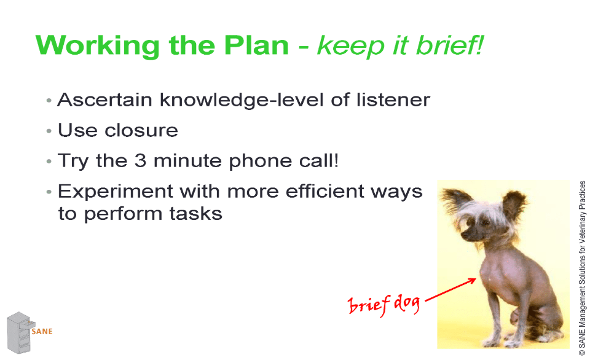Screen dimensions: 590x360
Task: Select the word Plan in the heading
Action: point(256,45)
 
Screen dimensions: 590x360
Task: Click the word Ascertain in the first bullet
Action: point(104,100)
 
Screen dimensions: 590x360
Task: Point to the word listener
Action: point(393,100)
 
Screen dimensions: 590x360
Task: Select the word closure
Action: point(141,130)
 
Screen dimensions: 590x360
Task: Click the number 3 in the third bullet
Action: point(140,160)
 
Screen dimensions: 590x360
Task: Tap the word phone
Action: point(260,162)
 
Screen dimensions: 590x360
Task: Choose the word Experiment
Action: point(115,192)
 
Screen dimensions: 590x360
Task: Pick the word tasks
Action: point(195,214)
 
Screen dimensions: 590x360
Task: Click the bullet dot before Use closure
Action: point(49,131)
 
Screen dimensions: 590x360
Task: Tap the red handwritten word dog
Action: point(406,303)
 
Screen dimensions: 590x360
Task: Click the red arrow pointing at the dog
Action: point(450,289)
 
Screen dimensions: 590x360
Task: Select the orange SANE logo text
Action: point(42,331)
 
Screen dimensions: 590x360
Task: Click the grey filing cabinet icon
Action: point(20,332)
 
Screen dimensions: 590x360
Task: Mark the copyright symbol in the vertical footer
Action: point(582,353)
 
